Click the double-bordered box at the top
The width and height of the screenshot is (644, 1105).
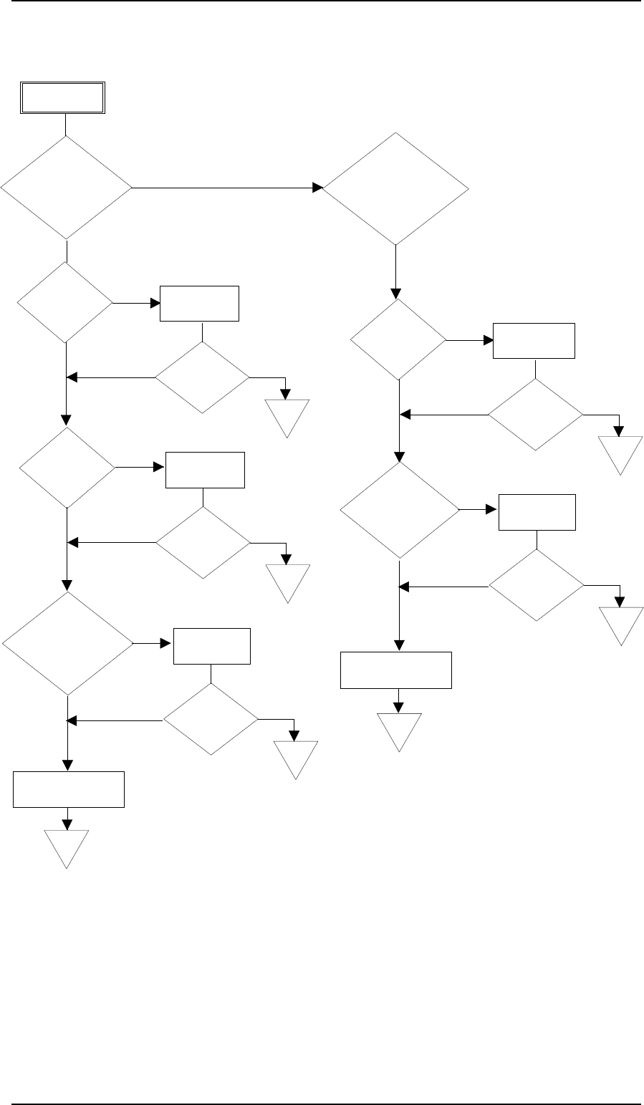(x=62, y=98)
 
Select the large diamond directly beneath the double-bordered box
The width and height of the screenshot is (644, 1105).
(x=67, y=188)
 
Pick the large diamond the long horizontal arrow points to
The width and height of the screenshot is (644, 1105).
(x=395, y=188)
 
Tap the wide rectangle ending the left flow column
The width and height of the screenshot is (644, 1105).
(x=69, y=789)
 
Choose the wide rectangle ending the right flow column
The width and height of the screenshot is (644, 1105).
(x=396, y=670)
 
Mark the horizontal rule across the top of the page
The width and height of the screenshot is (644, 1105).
(x=322, y=1)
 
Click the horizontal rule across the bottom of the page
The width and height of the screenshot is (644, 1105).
(x=322, y=1085)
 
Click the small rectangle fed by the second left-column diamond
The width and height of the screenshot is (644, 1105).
(x=198, y=304)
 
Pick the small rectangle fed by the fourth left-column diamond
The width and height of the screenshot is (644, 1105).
(x=212, y=647)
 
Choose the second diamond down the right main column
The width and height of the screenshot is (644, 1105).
(x=398, y=339)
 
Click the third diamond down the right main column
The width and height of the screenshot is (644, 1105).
(x=399, y=510)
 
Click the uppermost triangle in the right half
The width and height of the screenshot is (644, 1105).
(x=620, y=452)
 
